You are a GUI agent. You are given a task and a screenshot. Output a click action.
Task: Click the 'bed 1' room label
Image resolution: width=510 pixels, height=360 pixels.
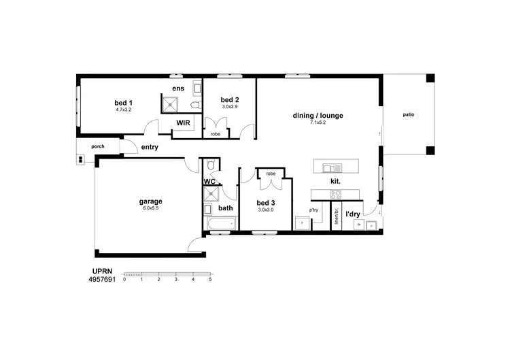tap(123, 103)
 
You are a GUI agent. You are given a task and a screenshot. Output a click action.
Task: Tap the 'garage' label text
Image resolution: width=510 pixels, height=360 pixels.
tap(150, 201)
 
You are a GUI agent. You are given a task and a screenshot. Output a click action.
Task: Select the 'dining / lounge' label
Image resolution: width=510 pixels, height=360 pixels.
tap(318, 116)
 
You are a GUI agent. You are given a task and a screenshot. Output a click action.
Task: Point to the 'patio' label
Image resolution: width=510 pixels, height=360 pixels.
tap(408, 115)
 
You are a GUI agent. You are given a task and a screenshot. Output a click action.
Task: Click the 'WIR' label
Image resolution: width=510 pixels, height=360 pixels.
tap(183, 123)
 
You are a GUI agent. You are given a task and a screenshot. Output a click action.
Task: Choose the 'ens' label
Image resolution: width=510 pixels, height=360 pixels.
tap(178, 89)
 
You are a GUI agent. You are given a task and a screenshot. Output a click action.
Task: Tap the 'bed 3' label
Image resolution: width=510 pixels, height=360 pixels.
tap(266, 203)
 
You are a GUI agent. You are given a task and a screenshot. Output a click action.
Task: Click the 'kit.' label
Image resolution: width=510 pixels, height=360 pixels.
tap(335, 181)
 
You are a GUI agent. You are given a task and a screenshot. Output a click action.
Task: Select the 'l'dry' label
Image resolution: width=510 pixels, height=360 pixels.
tap(353, 214)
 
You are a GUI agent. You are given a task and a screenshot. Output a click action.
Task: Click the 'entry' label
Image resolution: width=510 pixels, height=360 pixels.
tap(150, 147)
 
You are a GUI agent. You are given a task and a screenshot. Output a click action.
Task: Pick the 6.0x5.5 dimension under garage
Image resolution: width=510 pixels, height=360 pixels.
tap(150, 208)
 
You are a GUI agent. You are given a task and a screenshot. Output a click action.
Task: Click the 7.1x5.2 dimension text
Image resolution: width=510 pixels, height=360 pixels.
tap(318, 122)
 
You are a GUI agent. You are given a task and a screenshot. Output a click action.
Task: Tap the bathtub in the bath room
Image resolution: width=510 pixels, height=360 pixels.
tap(219, 223)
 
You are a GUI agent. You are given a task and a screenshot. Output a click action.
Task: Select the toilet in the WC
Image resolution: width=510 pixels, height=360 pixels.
tap(211, 165)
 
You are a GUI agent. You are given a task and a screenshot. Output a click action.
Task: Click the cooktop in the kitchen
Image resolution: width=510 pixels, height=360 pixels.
tap(336, 195)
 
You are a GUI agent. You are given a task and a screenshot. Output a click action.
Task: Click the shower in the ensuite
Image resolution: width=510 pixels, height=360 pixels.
tap(170, 104)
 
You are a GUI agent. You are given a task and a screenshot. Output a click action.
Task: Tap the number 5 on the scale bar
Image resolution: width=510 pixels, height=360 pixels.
tap(211, 280)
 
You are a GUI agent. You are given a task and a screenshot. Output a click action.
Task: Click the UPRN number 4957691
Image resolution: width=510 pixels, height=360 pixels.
tap(103, 279)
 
